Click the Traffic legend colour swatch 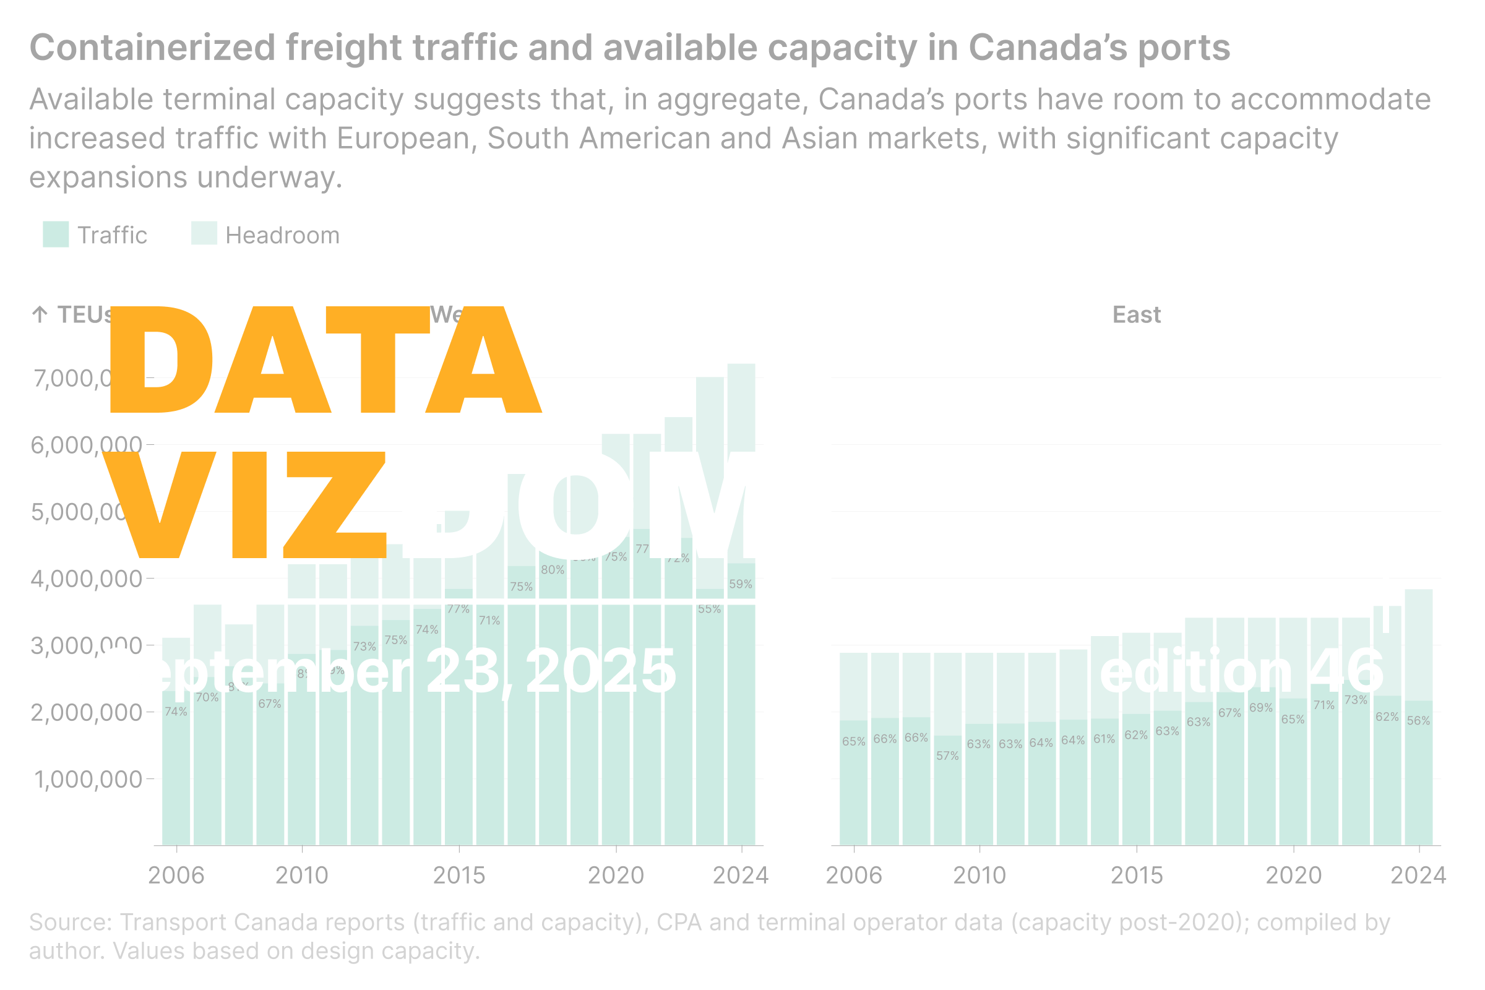point(56,235)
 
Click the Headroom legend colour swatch point(204,233)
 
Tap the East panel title point(1136,314)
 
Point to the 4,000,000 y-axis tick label point(87,579)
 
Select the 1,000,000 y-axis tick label point(88,779)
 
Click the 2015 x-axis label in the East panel point(1137,875)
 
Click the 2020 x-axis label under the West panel point(616,875)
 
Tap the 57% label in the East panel point(947,755)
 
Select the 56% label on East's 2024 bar point(1418,720)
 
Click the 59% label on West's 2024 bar point(741,584)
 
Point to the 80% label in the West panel point(553,569)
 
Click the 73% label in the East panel point(1356,700)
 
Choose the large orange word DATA point(325,360)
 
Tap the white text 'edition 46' point(1242,671)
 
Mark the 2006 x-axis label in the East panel point(854,875)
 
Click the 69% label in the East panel point(1261,708)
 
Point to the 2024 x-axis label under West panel point(741,875)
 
